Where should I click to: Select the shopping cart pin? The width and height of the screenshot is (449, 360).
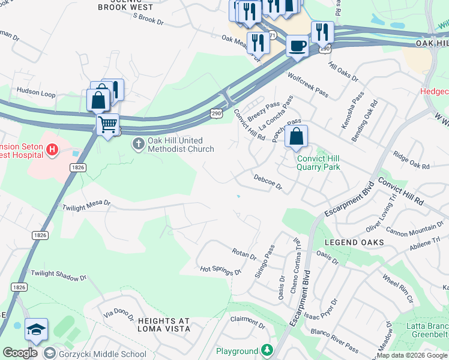pos(107,125)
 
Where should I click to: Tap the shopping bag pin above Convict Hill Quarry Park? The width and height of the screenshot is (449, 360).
pos(297,137)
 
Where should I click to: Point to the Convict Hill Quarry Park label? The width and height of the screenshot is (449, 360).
pos(318,163)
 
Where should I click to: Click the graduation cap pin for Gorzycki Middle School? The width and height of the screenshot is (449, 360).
pos(36,330)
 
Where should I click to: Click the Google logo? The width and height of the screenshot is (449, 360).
pos(20,353)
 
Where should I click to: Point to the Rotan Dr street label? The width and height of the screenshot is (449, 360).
pos(244,253)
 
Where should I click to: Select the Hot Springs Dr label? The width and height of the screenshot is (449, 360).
pos(220,270)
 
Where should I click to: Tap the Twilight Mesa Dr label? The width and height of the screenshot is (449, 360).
pos(86,205)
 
